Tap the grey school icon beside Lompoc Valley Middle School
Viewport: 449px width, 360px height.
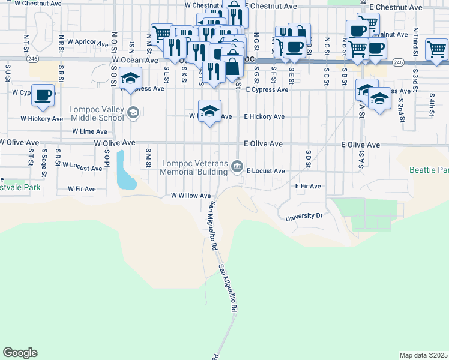[133, 112]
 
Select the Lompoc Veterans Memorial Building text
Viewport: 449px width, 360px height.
[195, 167]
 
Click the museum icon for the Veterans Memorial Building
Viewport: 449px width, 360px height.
[238, 166]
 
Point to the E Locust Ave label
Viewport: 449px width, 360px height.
[265, 171]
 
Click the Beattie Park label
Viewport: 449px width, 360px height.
[429, 170]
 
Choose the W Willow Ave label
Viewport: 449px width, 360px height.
[191, 196]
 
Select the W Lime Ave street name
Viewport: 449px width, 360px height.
[89, 131]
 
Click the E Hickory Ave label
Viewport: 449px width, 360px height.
[264, 116]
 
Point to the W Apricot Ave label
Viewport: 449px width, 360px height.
[87, 42]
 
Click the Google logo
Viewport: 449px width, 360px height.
[20, 353]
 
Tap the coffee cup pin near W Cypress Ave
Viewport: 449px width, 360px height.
[43, 95]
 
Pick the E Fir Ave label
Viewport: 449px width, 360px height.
[309, 187]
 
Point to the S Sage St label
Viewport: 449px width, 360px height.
[44, 164]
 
